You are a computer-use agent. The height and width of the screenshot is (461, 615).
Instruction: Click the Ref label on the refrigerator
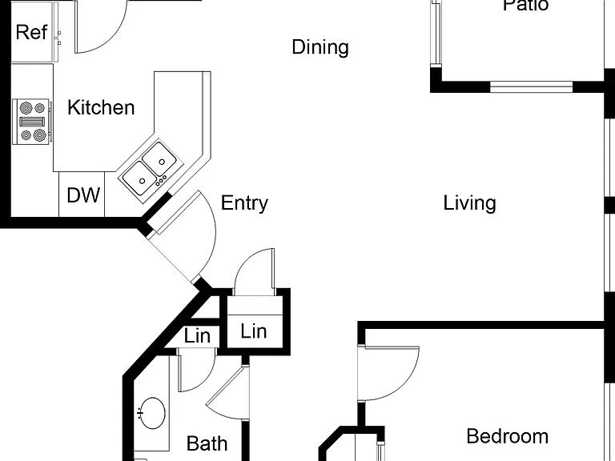pyautogui.click(x=31, y=32)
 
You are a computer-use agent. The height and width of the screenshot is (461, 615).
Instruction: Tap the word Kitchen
pyautogui.click(x=101, y=107)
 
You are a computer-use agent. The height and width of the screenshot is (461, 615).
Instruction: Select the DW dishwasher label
pyautogui.click(x=83, y=194)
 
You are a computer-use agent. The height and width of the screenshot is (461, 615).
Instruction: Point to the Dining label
pyautogui.click(x=320, y=47)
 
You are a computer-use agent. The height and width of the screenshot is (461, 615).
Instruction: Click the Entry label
pyautogui.click(x=244, y=203)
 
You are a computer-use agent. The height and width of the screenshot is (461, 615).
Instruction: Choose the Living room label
pyautogui.click(x=469, y=203)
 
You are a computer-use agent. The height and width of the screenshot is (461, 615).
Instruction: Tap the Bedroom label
pyautogui.click(x=508, y=436)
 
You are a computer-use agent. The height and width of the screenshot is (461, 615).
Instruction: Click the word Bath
pyautogui.click(x=207, y=443)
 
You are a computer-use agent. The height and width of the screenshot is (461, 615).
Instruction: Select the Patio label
pyautogui.click(x=525, y=6)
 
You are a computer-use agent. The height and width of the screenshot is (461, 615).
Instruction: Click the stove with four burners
pyautogui.click(x=32, y=122)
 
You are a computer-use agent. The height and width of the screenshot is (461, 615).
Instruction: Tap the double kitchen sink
pyautogui.click(x=151, y=170)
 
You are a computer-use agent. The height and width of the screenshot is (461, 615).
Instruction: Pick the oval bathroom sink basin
pyautogui.click(x=153, y=413)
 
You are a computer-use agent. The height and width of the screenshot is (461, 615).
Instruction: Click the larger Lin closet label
pyautogui.click(x=254, y=331)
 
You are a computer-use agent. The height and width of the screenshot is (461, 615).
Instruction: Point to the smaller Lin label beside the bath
pyautogui.click(x=197, y=336)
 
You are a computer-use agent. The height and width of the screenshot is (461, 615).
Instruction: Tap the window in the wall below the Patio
pyautogui.click(x=532, y=86)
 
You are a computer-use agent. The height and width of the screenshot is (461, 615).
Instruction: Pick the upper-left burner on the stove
pyautogui.click(x=26, y=107)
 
